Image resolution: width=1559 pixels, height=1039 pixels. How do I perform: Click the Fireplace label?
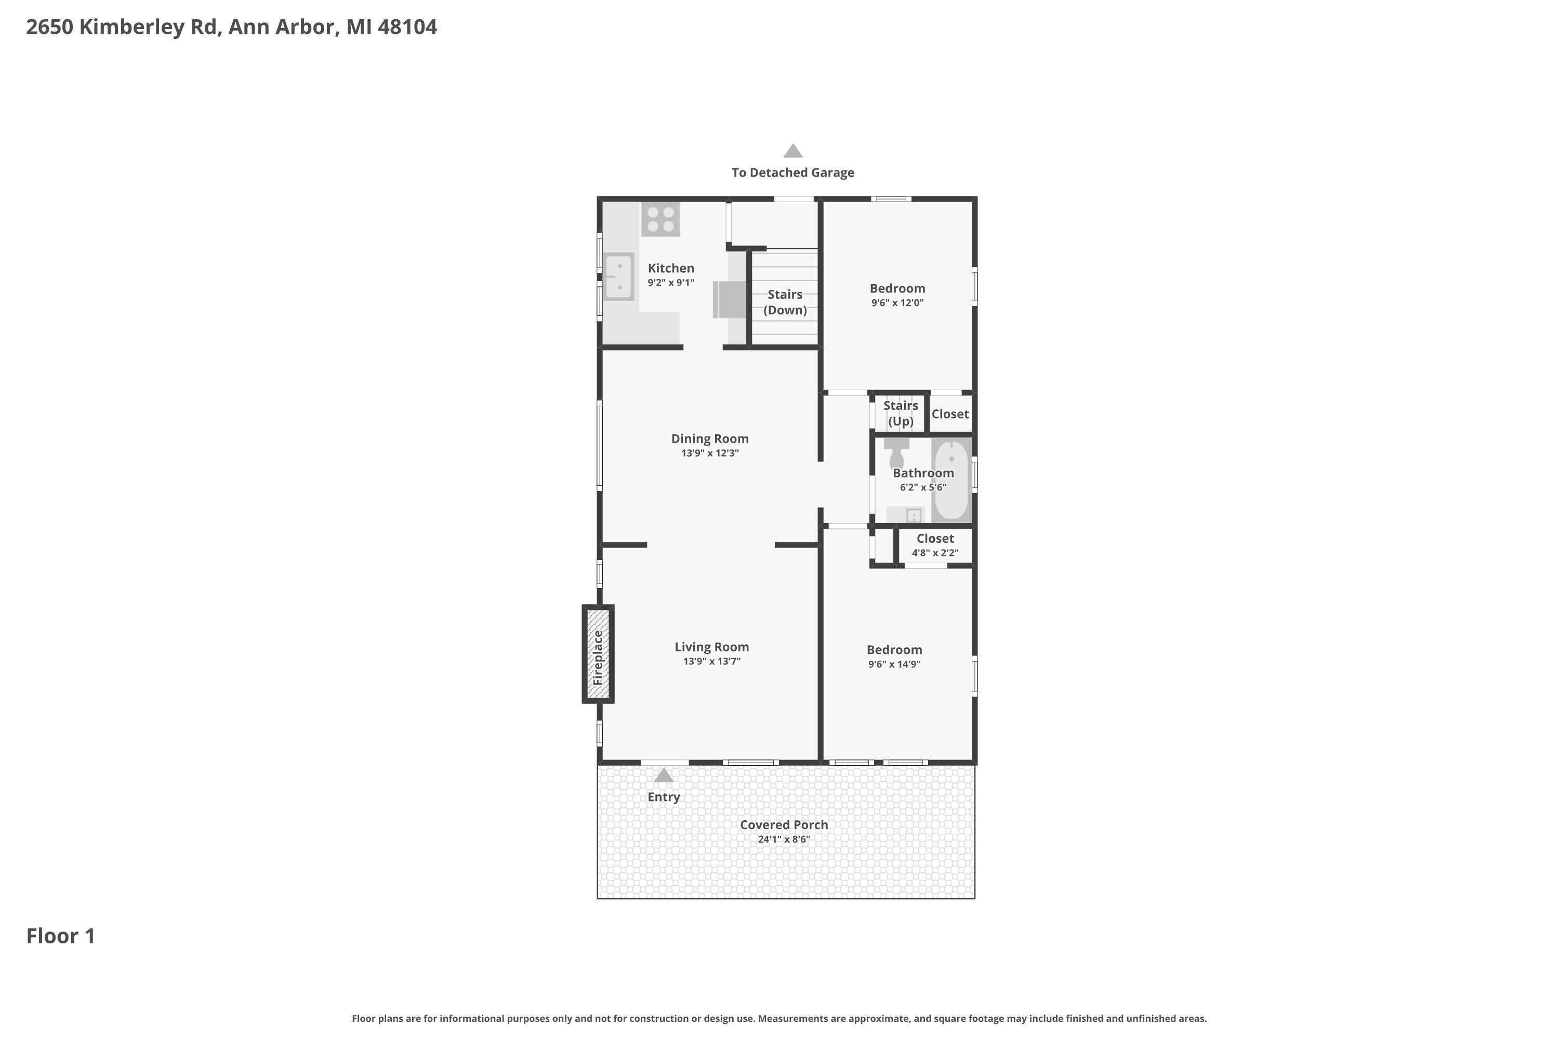pos(598,657)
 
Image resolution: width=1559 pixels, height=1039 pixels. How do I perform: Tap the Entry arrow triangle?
pos(664,775)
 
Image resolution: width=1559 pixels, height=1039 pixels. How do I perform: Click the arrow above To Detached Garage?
pos(793,152)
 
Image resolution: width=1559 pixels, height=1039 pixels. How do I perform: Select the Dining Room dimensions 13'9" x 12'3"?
pos(709,453)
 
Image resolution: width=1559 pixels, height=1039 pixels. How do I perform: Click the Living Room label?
pos(711,647)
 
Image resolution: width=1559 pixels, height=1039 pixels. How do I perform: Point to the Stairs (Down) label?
pos(785,302)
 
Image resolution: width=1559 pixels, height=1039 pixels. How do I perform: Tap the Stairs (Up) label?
pos(900,414)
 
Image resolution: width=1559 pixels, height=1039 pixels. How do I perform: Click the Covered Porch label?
pos(784,825)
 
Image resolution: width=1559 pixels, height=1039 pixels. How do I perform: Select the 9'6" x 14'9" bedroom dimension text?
pos(894,664)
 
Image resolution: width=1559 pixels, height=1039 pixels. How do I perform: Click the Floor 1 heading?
pos(60,936)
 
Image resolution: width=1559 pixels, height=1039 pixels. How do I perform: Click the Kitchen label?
pos(671,269)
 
